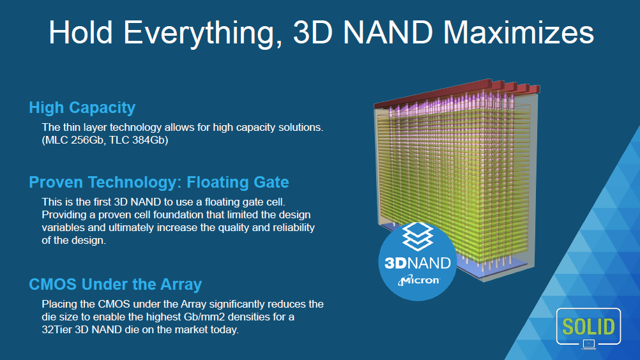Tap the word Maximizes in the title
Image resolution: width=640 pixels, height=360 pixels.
[x=519, y=32]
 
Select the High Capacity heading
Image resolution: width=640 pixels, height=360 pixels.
[x=82, y=108]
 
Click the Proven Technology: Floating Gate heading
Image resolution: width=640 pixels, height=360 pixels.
[x=159, y=183]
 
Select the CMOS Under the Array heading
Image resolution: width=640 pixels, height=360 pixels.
[x=116, y=284]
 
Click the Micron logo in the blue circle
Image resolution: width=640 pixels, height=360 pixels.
[x=418, y=280]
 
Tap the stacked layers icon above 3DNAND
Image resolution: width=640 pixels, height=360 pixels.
[x=418, y=236]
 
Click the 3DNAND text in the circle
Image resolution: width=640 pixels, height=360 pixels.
[x=418, y=263]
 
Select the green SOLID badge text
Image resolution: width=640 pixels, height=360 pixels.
[x=588, y=327]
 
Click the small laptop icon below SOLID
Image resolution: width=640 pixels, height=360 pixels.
[x=588, y=345]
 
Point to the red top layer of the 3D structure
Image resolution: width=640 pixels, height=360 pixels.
[x=457, y=93]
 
